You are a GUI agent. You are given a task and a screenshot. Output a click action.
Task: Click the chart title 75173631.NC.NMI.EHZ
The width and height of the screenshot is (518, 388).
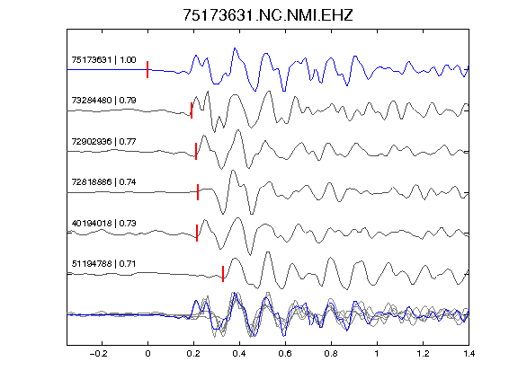[x=268, y=15]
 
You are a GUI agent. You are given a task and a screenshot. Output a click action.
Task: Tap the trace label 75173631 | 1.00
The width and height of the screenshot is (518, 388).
[x=103, y=59]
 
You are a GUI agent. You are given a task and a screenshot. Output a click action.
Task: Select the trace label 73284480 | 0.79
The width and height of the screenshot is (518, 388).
[x=103, y=101]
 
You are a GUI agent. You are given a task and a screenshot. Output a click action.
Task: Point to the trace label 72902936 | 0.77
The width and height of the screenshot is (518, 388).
[x=103, y=142]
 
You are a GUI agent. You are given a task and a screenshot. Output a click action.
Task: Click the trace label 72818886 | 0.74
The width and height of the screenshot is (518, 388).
[x=103, y=182]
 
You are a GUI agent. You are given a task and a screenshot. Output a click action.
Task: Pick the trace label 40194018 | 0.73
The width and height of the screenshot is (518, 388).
[x=103, y=224]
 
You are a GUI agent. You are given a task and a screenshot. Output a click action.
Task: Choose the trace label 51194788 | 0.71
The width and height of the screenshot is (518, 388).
[x=103, y=264]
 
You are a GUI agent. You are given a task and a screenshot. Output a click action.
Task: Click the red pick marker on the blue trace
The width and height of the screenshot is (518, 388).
[x=147, y=70]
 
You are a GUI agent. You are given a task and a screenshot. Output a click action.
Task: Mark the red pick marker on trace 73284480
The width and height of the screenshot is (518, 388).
[x=192, y=110]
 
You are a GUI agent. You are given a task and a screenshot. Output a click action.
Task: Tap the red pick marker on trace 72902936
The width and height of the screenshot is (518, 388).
[x=196, y=151]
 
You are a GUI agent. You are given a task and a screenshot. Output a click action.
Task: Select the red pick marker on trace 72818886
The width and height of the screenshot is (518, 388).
[x=198, y=192]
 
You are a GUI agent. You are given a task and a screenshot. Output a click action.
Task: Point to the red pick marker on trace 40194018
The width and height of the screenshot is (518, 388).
[x=197, y=233]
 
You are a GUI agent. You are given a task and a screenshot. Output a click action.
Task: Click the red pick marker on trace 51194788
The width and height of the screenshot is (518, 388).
[x=223, y=274]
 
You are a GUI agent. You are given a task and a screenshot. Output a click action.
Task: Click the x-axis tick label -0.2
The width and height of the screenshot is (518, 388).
[x=98, y=354]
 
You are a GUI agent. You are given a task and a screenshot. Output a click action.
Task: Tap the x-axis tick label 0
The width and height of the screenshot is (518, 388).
[x=147, y=354]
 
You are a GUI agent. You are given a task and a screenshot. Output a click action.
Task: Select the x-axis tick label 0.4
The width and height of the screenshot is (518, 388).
[x=239, y=354]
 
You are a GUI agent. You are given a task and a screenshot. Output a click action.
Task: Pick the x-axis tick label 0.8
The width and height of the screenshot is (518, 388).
[x=331, y=354]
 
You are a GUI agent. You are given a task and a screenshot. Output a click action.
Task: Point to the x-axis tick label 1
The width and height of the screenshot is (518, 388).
[x=377, y=354]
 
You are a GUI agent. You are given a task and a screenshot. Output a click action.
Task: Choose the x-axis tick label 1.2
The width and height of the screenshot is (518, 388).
[x=423, y=354]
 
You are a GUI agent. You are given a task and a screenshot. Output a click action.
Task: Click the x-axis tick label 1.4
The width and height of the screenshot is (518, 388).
[x=469, y=354]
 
